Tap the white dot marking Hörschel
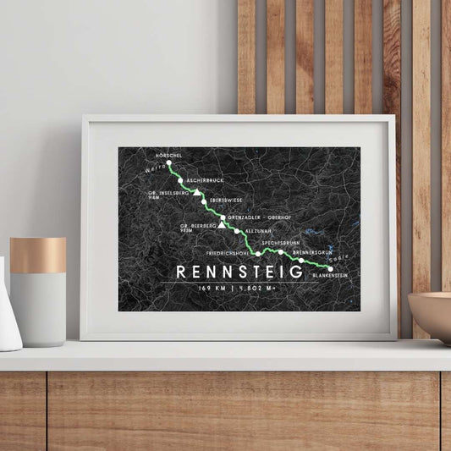[169, 162]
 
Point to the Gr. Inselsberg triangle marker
[196, 193]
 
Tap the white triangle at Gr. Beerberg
[222, 226]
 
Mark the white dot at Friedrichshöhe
[258, 251]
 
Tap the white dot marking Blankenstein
[330, 268]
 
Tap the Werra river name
[156, 169]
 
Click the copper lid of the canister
[37, 255]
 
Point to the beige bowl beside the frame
[431, 316]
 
